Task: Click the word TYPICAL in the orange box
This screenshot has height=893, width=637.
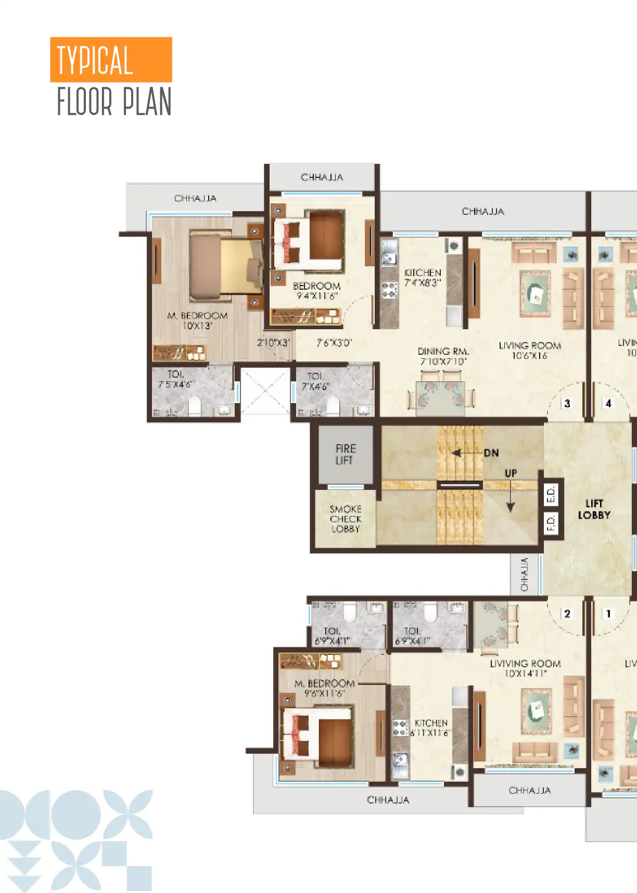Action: (95, 60)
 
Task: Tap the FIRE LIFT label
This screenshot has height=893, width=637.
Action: (345, 455)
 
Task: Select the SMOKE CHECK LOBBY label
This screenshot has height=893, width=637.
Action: (345, 519)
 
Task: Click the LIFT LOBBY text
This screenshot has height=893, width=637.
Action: (594, 509)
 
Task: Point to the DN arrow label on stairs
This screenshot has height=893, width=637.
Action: (491, 453)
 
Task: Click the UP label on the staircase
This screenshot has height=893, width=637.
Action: (511, 473)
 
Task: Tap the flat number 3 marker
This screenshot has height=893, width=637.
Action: (567, 403)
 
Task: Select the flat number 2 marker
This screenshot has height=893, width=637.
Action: (567, 614)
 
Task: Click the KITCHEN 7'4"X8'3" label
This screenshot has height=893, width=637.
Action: (423, 278)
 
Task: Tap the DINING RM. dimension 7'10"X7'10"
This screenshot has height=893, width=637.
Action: (443, 361)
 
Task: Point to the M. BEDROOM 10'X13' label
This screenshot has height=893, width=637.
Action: (197, 321)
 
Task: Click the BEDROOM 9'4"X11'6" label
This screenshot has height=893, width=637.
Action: (316, 291)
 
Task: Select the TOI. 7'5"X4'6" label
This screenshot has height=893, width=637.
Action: (175, 379)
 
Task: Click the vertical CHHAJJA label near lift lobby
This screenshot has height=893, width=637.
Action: (524, 575)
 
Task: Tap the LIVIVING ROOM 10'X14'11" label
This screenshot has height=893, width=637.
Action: (525, 668)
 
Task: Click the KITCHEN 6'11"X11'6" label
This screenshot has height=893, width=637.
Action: (430, 728)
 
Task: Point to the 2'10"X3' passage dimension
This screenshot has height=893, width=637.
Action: (273, 343)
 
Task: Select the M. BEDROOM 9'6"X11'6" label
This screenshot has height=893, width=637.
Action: (324, 688)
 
